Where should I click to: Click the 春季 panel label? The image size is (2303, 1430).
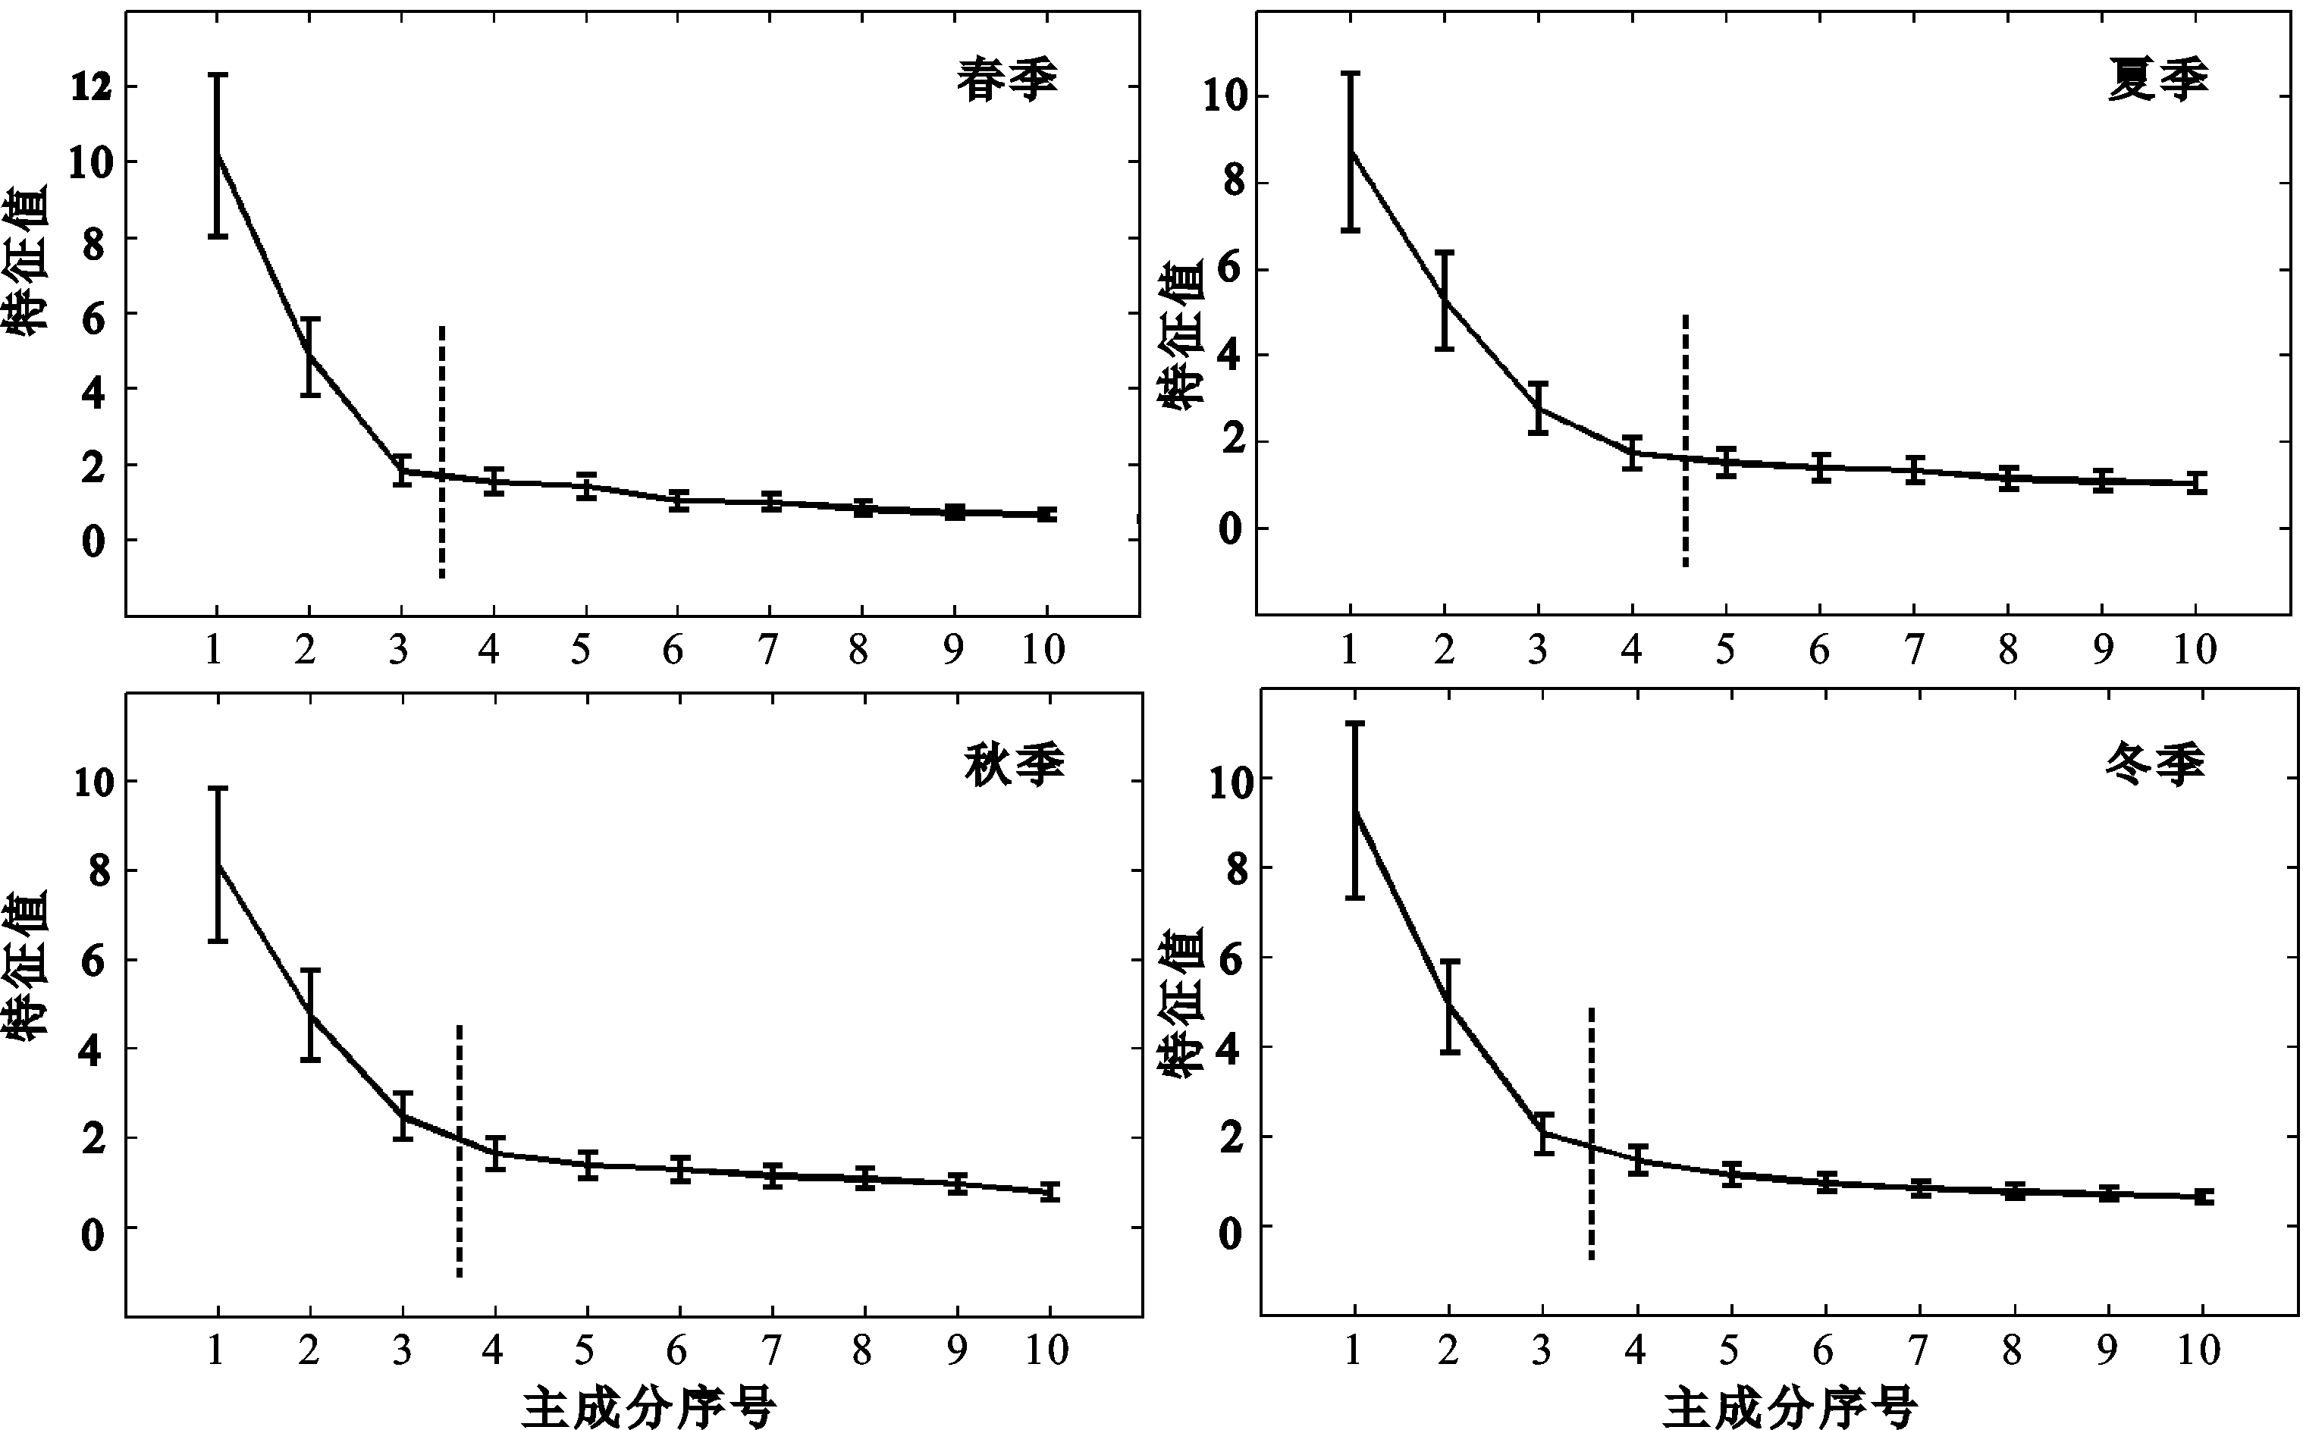click(1006, 80)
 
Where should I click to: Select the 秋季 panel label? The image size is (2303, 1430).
click(1014, 764)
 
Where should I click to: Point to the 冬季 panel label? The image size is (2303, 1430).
click(2154, 762)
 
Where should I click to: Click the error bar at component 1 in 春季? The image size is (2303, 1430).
click(218, 155)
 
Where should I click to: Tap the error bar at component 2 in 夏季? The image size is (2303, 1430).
click(1445, 301)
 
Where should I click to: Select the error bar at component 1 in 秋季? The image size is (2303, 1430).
click(218, 864)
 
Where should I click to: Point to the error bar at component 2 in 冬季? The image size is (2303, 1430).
click(1449, 1006)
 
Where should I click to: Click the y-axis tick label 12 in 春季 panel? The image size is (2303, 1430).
click(91, 87)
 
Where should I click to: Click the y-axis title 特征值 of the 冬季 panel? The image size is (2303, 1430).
click(1182, 1002)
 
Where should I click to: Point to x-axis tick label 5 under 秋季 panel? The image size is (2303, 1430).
click(585, 1350)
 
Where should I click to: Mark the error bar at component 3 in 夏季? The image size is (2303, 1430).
click(1539, 408)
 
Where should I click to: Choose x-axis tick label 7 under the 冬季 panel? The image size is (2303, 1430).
click(1917, 1350)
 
